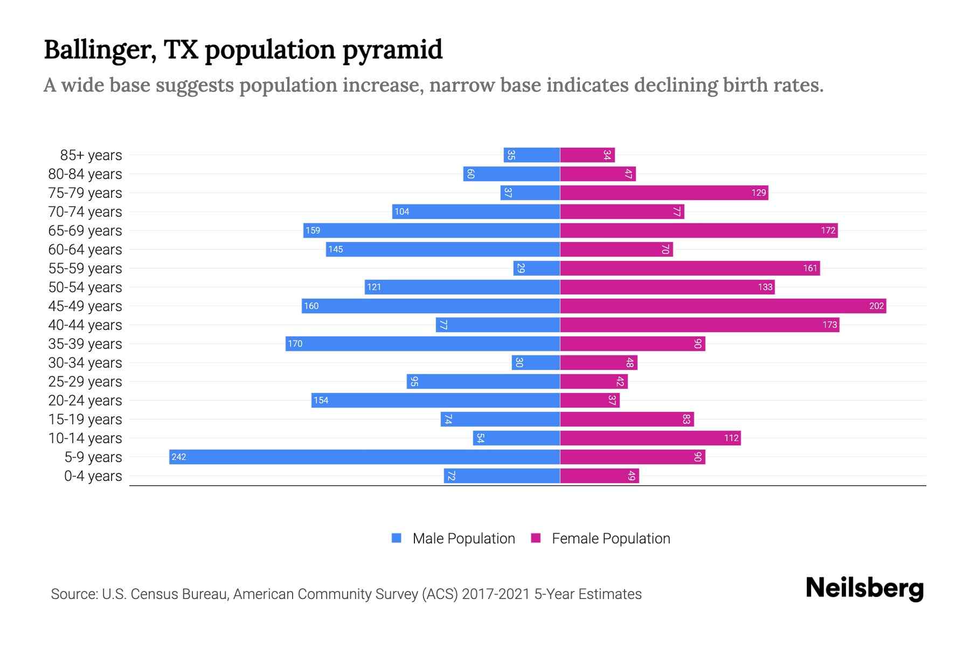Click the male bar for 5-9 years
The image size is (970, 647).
(364, 457)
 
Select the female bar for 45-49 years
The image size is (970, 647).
(723, 306)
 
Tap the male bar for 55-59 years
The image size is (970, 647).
(537, 269)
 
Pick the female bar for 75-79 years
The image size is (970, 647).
(664, 193)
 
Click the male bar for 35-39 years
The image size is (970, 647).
(422, 344)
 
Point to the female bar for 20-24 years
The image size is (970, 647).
(590, 401)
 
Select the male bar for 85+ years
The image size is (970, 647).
(532, 155)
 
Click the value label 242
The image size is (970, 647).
(178, 457)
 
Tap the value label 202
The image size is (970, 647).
(876, 306)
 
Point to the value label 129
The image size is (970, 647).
(758, 193)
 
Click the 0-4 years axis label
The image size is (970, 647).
(93, 476)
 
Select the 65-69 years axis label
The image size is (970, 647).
(85, 231)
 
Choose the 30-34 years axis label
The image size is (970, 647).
(85, 363)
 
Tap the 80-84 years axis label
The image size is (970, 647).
(85, 174)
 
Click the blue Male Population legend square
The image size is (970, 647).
(397, 538)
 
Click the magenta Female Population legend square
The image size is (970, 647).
(536, 538)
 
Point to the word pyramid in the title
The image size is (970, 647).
(392, 50)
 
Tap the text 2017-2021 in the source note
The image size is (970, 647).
(496, 594)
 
